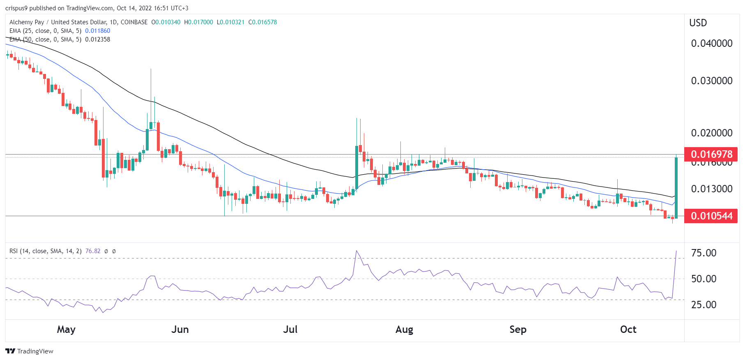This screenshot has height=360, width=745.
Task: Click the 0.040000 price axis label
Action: [x=711, y=44]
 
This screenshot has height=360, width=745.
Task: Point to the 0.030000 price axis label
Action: [x=711, y=81]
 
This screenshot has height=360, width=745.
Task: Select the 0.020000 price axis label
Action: [x=711, y=133]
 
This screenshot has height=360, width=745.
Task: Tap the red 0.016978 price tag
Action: [x=711, y=155]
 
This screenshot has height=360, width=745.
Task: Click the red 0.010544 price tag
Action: [x=711, y=216]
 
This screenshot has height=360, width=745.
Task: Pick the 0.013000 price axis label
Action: [x=711, y=189]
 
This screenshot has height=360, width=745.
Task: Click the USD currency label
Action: [x=698, y=23]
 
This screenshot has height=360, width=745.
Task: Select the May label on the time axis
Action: [x=66, y=330]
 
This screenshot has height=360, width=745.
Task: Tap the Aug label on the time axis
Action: [x=404, y=330]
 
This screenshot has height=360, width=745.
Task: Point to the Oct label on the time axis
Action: [x=628, y=330]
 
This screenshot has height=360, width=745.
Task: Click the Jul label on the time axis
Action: [x=290, y=330]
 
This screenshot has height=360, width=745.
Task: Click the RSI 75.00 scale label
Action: [x=704, y=253]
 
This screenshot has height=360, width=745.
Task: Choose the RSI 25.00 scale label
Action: [x=704, y=305]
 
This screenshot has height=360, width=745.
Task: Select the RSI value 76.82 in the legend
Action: [x=93, y=251]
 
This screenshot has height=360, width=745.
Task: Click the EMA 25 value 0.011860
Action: [x=98, y=31]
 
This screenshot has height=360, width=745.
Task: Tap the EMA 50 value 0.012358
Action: [x=98, y=39]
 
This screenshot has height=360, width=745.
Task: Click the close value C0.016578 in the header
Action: [x=263, y=22]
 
